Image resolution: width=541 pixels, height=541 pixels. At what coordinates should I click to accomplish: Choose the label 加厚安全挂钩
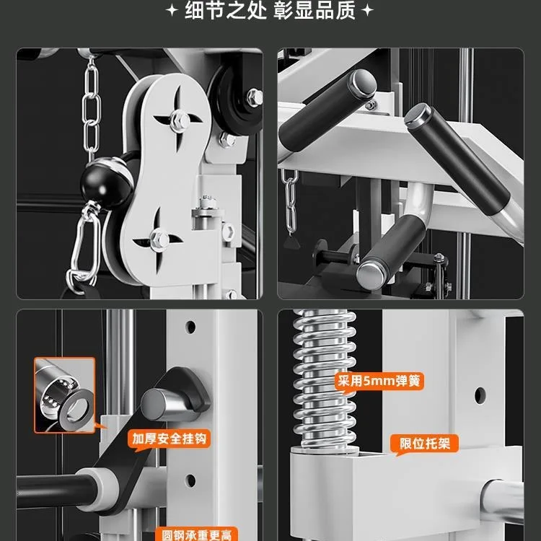pos(170,438)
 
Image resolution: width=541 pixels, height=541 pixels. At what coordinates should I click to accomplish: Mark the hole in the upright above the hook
pos(190,327)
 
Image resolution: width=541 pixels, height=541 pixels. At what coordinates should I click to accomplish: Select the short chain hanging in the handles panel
pos(291,198)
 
